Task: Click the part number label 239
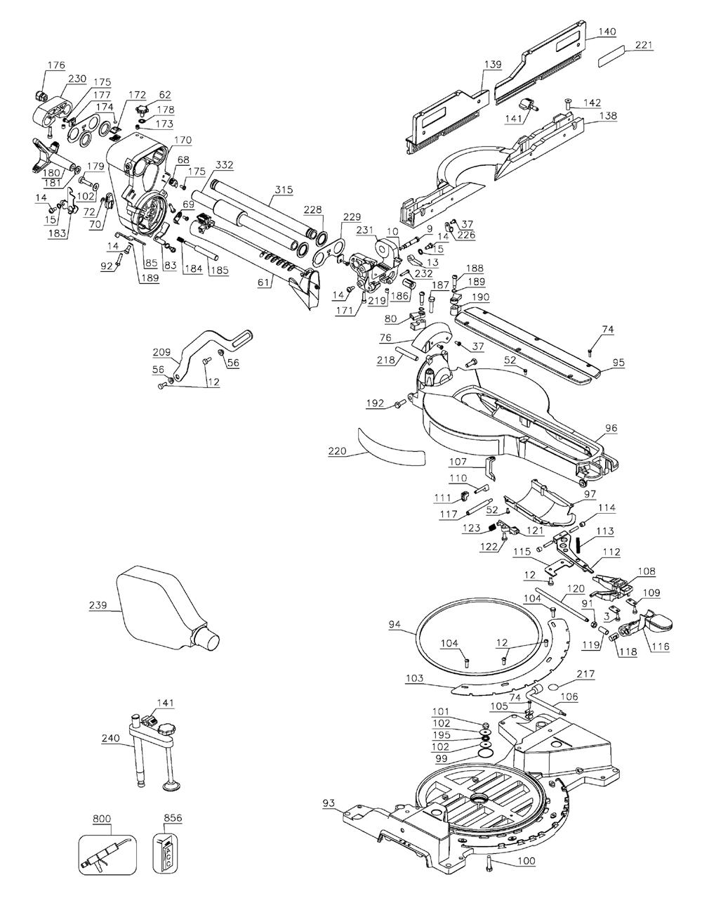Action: tap(98, 605)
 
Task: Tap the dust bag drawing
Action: tap(163, 611)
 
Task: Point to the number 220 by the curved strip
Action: tap(337, 451)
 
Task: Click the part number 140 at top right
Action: tap(607, 32)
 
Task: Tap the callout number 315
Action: tap(284, 190)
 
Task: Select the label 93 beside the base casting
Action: tap(329, 803)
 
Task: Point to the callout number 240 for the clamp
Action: tap(111, 739)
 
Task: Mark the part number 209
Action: tap(161, 352)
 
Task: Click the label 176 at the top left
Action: tap(56, 65)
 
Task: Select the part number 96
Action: tap(611, 428)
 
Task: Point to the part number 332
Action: tap(224, 165)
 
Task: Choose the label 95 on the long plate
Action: tap(618, 362)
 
